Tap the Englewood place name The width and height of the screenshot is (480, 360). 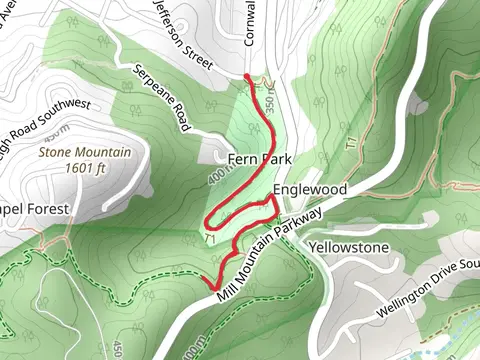tap(309, 189)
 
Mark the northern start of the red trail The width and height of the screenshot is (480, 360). tap(248, 76)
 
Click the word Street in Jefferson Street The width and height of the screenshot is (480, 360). tap(196, 48)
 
